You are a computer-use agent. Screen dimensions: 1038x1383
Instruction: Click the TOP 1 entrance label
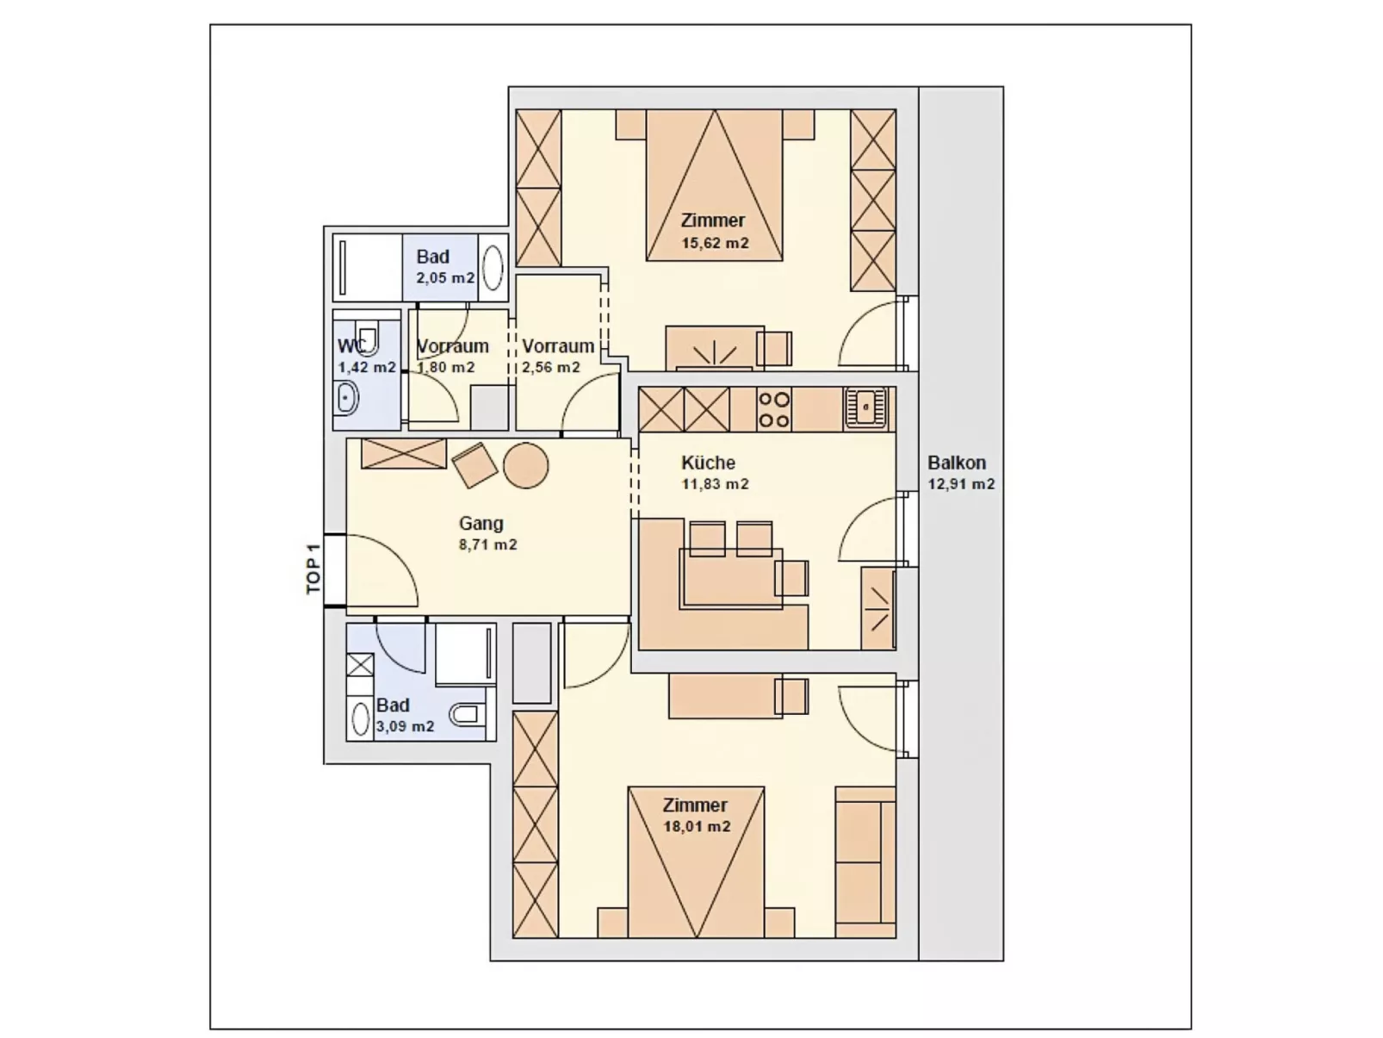tap(313, 569)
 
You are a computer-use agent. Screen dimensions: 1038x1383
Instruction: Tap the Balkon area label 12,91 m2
tap(961, 484)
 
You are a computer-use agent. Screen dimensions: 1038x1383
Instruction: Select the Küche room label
tap(708, 463)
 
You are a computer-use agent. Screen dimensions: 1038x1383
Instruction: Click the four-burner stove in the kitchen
tap(772, 410)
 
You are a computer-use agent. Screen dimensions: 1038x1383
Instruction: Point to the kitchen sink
tap(865, 407)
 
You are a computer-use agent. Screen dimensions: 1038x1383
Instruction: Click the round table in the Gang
tap(525, 465)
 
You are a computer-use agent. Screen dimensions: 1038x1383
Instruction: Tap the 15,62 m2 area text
tap(715, 243)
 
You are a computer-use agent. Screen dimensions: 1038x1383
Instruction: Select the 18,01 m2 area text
tap(697, 827)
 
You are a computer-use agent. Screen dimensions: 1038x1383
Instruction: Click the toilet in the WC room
tap(368, 337)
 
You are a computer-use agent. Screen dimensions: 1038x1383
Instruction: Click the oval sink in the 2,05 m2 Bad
tap(493, 267)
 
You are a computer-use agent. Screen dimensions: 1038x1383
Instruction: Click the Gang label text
tap(481, 524)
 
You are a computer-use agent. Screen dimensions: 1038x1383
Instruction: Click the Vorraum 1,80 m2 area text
tap(446, 368)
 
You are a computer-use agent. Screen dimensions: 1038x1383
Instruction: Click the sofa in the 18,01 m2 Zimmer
tap(864, 861)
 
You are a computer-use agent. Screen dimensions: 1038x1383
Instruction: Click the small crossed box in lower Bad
tap(360, 664)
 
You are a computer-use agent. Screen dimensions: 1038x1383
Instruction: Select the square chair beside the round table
tap(474, 465)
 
